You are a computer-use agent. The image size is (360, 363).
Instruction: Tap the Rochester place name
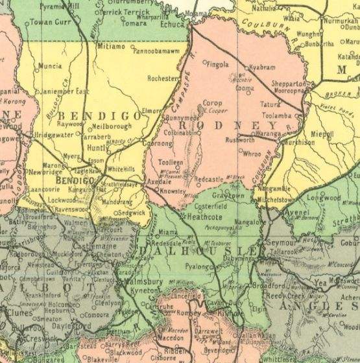coord(163,78)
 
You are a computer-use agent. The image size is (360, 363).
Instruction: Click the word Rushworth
coord(239,139)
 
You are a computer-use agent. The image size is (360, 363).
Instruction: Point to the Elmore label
coord(151,111)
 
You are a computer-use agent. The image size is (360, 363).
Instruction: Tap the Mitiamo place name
coord(112,47)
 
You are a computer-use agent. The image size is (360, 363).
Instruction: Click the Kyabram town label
coord(263,67)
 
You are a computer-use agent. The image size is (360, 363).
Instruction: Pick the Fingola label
coord(219,64)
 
